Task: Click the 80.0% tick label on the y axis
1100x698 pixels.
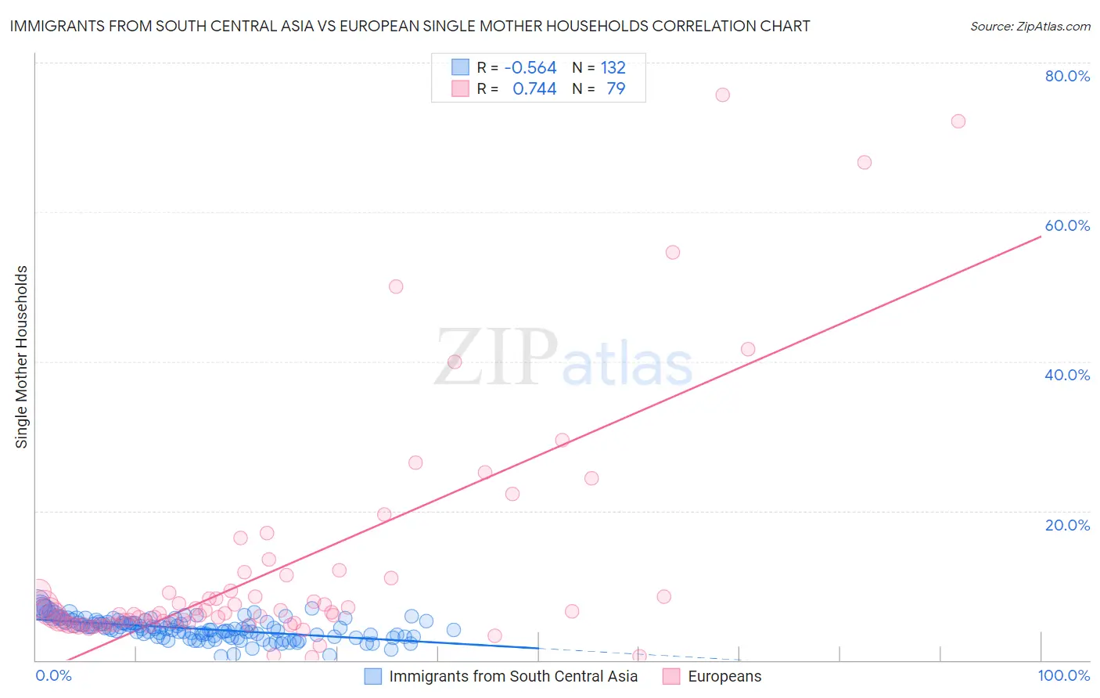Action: (x=1067, y=76)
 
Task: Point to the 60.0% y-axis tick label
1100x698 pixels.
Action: (x=1067, y=225)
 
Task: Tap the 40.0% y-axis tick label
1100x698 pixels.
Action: (x=1067, y=375)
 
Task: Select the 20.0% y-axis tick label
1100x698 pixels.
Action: (x=1067, y=525)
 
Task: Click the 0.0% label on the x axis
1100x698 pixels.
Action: (x=53, y=676)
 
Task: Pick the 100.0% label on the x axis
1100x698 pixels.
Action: (x=1063, y=676)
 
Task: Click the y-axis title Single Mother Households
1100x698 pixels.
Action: (x=22, y=357)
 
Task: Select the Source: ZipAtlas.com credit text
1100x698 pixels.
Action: (x=1030, y=27)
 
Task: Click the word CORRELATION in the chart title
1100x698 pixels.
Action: (x=705, y=26)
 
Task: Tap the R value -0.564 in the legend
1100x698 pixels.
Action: (x=530, y=68)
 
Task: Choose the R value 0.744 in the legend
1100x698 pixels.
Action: (x=534, y=89)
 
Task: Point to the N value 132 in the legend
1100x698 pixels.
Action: (x=613, y=68)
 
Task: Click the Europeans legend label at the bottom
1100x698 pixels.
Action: (x=724, y=677)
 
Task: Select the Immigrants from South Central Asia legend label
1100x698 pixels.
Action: (x=513, y=677)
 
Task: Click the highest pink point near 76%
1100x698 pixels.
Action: (x=722, y=95)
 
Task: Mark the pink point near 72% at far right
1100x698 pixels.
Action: (x=958, y=121)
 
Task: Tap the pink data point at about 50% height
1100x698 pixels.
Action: (x=396, y=286)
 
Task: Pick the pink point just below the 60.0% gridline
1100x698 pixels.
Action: (x=673, y=252)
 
